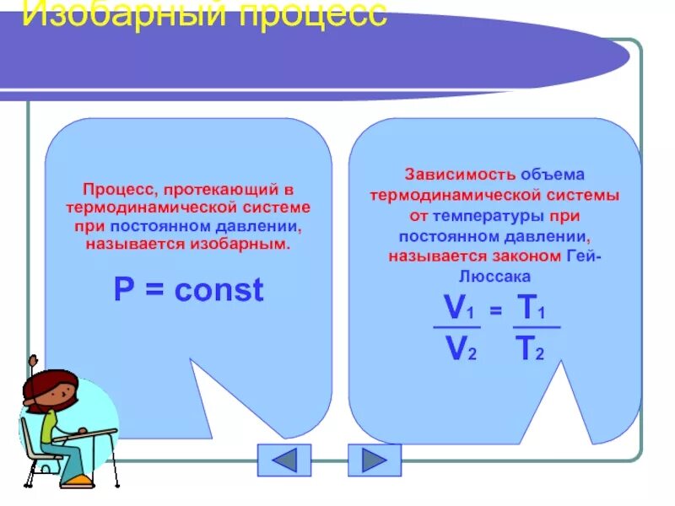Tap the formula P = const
tap(189, 290)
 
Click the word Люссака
tap(494, 276)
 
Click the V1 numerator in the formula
tap(456, 309)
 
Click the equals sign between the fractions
tap(496, 312)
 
